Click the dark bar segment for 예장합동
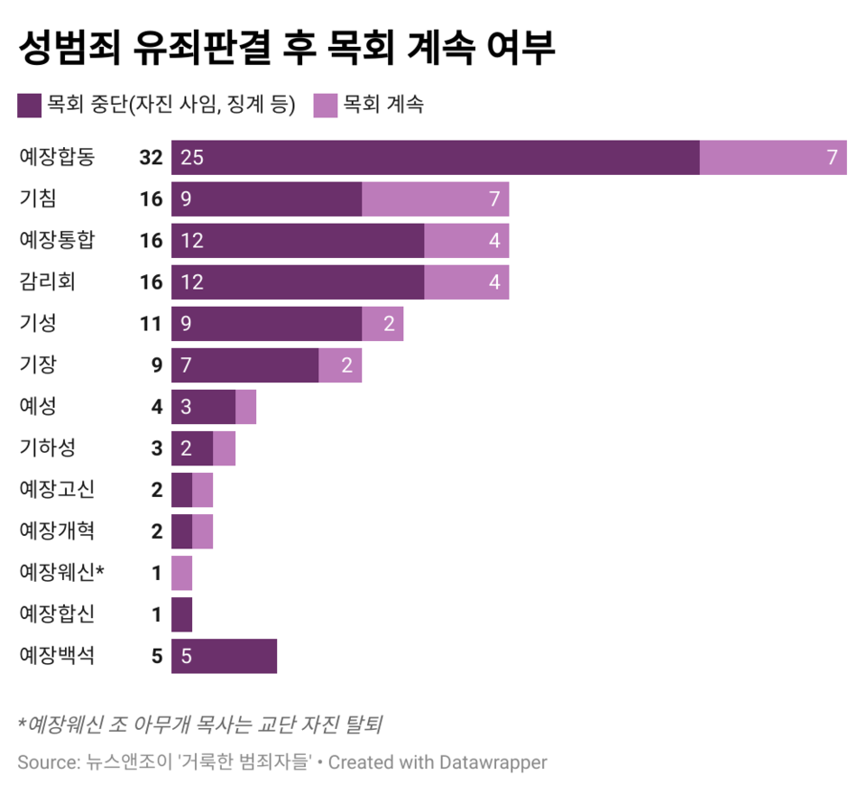pos(435,157)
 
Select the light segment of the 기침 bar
pos(435,198)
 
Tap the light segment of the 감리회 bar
pos(465,281)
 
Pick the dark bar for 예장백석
pos(224,656)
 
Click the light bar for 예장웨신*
pos(181,573)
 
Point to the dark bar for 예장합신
pos(181,614)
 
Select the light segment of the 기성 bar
pos(382,323)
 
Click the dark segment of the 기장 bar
pos(244,364)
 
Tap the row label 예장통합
pos(57,240)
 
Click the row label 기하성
pos(51,447)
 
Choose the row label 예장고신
pos(57,490)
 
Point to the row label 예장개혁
pos(57,531)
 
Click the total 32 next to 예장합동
pos(151,158)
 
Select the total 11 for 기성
pos(151,324)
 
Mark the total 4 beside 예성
pos(157,407)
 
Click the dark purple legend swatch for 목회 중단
pos(29,105)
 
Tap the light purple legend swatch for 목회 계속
pos(325,105)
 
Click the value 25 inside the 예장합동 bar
pos(192,158)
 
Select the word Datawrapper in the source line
pos(494,762)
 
